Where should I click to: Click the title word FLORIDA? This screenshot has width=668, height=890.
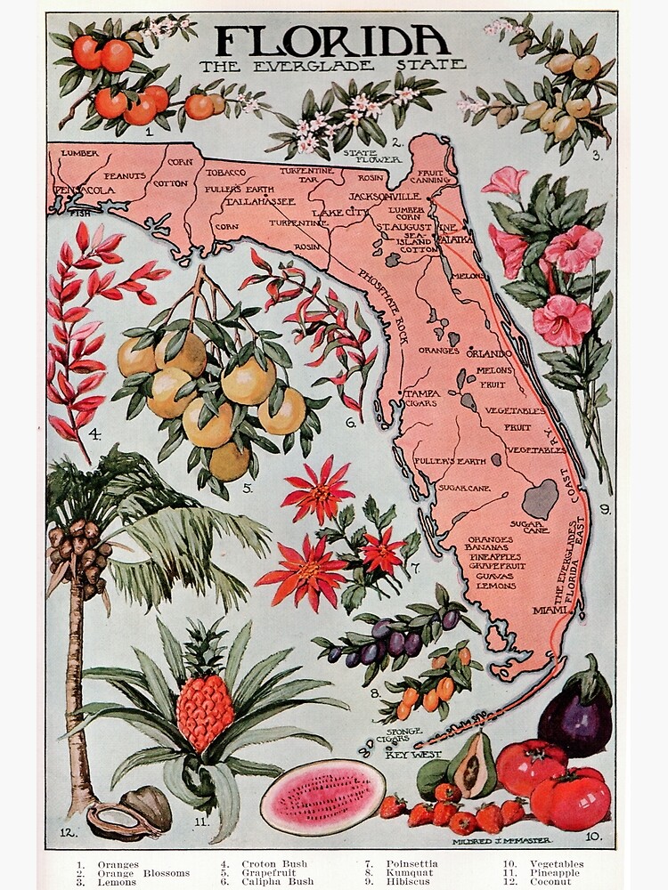pos(331,41)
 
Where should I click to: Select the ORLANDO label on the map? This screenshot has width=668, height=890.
pos(488,353)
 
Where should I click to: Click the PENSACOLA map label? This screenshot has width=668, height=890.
pos(85,190)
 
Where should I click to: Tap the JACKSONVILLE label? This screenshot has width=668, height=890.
pos(384,196)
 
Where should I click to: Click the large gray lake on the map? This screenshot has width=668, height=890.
pos(540,499)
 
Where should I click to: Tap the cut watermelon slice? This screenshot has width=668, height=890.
pos(322,797)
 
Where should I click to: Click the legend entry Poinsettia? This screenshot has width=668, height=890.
pos(411,863)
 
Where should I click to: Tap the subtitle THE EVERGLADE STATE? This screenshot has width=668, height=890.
pos(332,65)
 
